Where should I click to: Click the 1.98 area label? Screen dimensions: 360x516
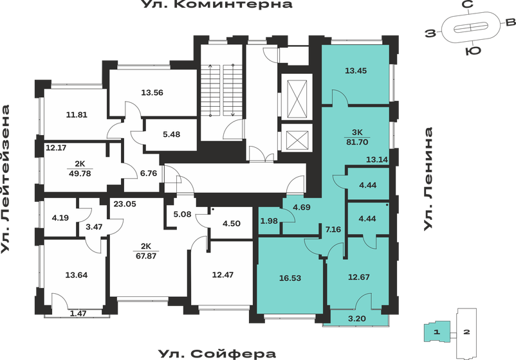point(270,222)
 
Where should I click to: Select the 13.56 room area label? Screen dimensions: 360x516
point(152,92)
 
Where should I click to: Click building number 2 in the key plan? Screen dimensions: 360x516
point(468,332)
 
